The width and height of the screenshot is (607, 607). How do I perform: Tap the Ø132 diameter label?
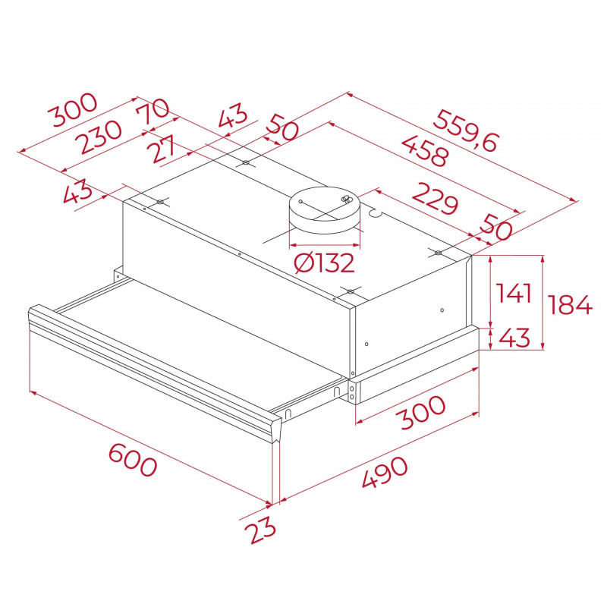coord(324,263)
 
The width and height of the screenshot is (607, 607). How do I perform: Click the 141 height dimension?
coord(513,294)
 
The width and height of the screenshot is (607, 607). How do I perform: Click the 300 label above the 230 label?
coord(72,111)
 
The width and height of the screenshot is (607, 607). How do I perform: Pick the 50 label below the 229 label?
coord(497,228)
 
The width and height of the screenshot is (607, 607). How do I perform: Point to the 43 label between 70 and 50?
coord(232,117)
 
